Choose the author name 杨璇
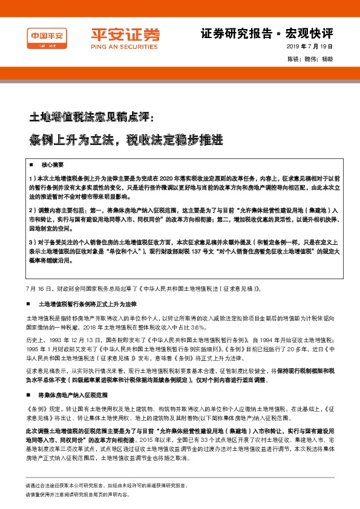[327, 59]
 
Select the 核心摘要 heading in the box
[52, 164]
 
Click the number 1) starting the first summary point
[31, 180]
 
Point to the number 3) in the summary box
[31, 242]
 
